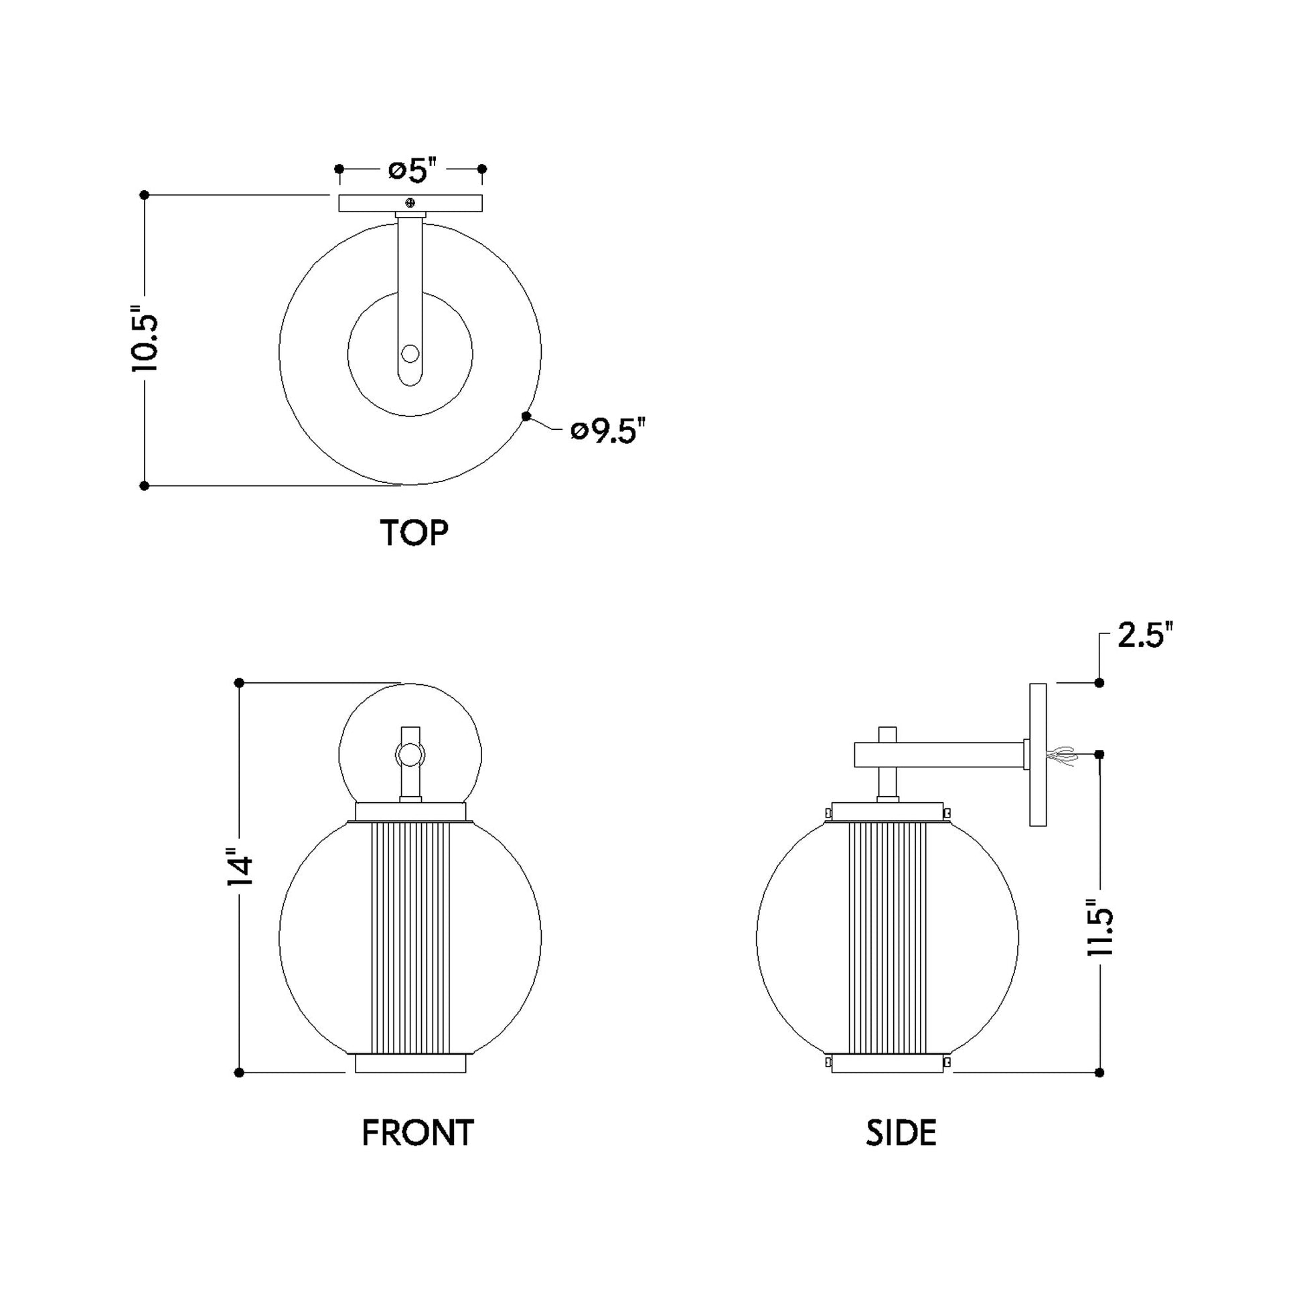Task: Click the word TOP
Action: [x=413, y=533]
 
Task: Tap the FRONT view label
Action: [x=417, y=1133]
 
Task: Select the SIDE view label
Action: [x=901, y=1133]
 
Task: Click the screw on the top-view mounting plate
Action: [x=410, y=202]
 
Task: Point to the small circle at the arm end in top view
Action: [x=409, y=354]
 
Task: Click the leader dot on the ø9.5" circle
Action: [x=526, y=416]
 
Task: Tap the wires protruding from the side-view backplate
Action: [x=1061, y=755]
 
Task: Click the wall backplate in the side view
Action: [x=1037, y=755]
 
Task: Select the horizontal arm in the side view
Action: [x=937, y=755]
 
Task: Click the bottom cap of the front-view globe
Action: [x=410, y=1063]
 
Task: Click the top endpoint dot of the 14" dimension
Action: [x=239, y=683]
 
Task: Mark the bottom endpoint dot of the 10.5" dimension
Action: [x=145, y=485]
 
